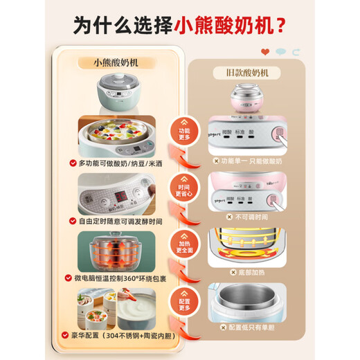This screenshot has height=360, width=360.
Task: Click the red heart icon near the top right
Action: [x=264, y=52]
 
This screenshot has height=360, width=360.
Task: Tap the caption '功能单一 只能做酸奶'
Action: [x=251, y=161]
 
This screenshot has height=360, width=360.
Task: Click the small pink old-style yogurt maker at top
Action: [x=247, y=100]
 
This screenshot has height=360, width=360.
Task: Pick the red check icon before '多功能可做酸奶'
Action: [x=71, y=164]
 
